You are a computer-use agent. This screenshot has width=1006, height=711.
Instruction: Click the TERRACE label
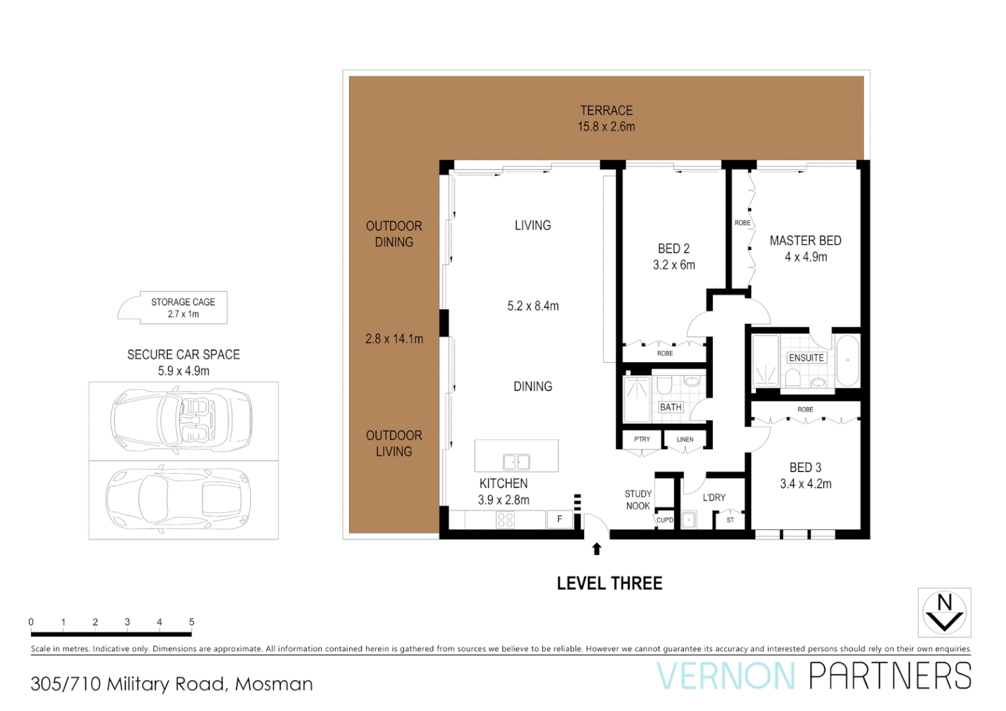click(606, 111)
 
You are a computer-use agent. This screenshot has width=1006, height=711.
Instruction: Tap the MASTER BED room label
click(805, 241)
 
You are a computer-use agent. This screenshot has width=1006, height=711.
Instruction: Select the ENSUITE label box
click(806, 357)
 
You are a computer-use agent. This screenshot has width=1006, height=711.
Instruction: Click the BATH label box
click(670, 407)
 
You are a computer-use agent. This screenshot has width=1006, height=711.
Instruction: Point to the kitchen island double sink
click(516, 461)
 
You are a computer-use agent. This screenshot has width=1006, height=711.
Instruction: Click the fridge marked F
click(559, 519)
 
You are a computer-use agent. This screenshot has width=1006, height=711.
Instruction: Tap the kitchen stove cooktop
click(505, 520)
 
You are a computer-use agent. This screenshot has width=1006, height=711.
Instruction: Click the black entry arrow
click(596, 549)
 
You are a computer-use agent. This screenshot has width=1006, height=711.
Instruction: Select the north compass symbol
click(944, 612)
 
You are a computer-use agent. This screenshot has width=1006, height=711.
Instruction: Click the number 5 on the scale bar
click(192, 621)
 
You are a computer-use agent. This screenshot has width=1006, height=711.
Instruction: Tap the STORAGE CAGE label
click(183, 302)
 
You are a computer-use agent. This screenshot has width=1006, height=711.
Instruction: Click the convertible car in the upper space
click(181, 420)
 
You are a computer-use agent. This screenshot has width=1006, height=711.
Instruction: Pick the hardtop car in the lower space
click(178, 500)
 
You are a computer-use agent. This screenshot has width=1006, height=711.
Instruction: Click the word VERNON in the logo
click(726, 676)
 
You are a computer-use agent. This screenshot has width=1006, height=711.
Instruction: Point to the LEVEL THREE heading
click(609, 583)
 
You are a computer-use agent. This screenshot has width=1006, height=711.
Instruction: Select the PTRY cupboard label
click(641, 439)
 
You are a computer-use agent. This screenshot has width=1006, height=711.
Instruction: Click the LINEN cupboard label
click(685, 439)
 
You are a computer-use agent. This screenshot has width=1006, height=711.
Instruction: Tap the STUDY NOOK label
click(638, 500)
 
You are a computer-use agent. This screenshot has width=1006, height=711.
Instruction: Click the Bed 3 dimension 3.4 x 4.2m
click(805, 484)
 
